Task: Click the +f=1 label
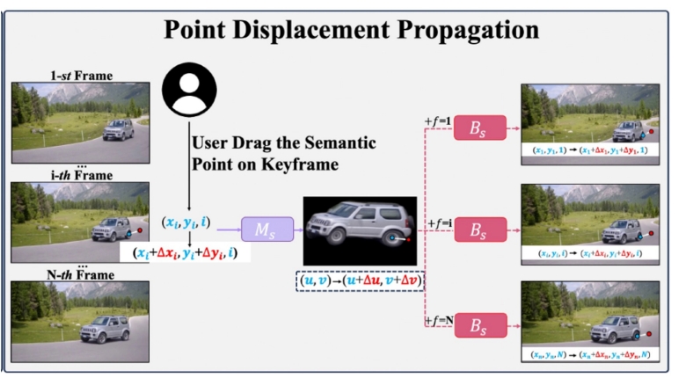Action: (436, 119)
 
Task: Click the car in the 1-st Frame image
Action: (118, 130)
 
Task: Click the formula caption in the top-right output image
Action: (590, 150)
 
